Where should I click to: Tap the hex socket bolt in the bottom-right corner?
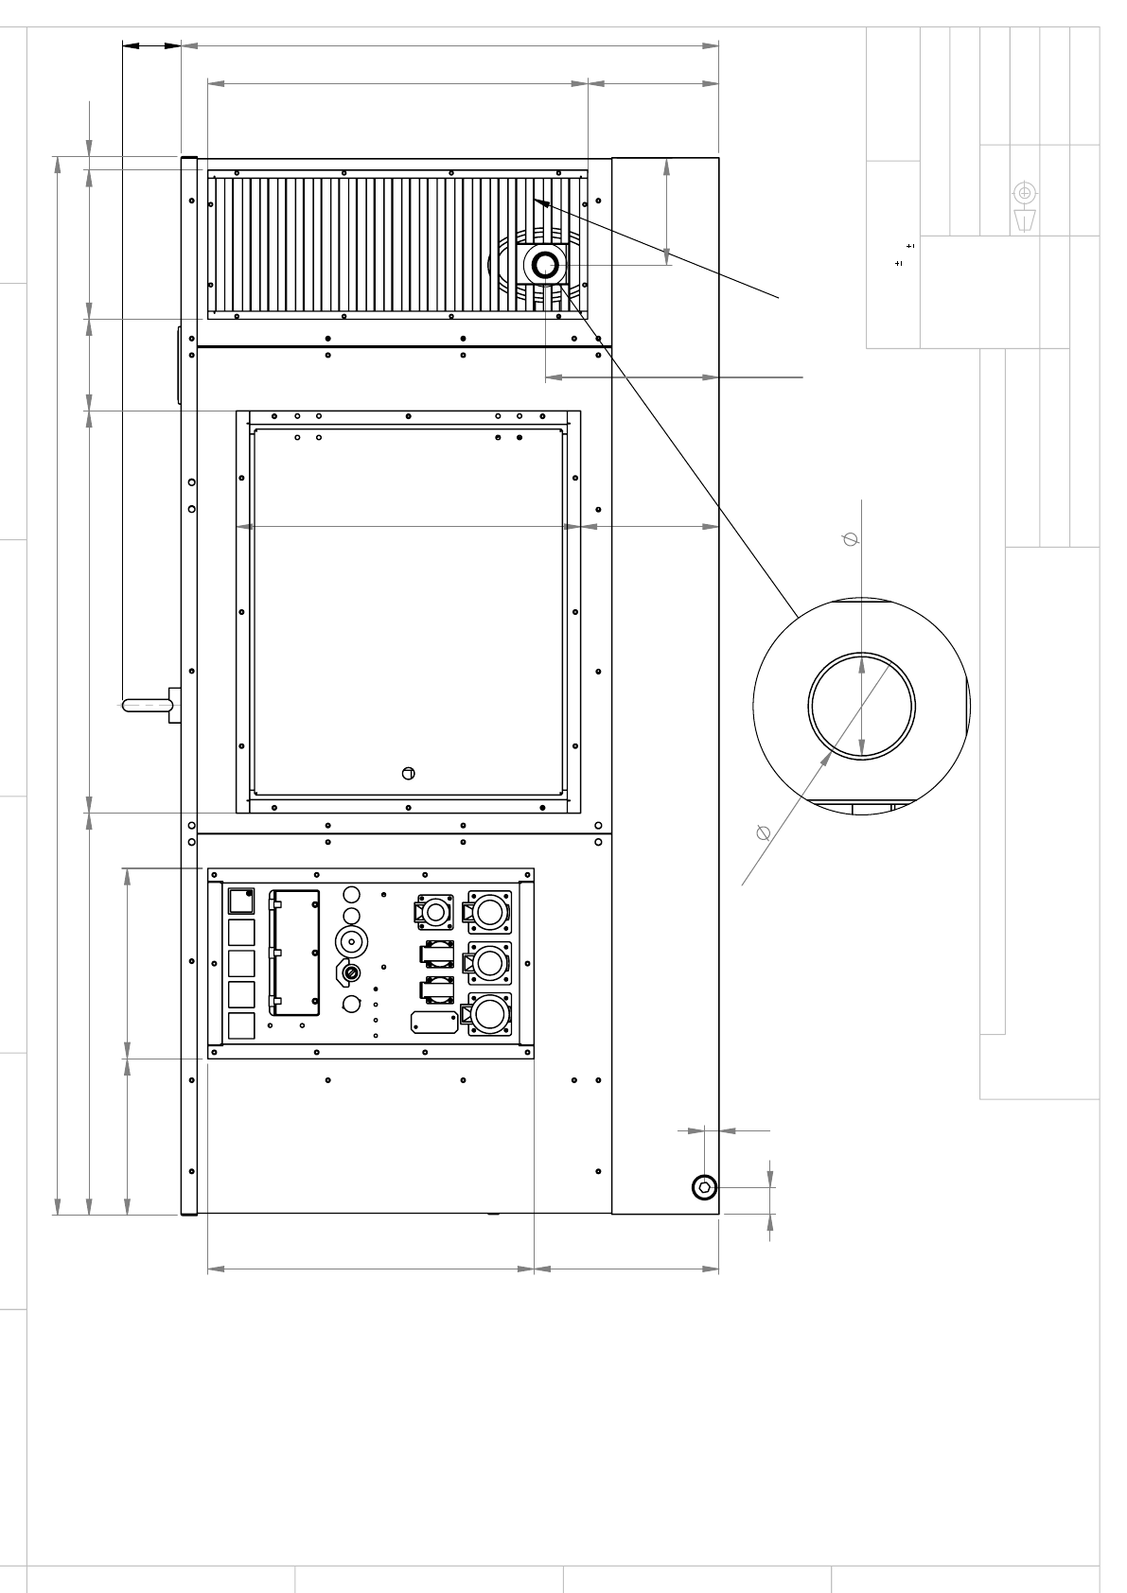coord(704,1187)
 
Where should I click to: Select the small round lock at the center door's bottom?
coord(409,774)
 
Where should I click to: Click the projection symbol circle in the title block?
coord(1024,193)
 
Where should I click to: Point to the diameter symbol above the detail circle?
coord(850,539)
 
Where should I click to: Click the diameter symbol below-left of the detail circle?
coord(764,832)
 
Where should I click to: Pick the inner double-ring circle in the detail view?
coord(861,705)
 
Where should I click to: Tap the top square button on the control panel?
coord(242,900)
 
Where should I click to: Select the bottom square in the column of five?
coord(242,1026)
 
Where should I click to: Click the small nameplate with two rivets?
coord(433,1021)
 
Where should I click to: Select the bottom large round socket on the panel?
coord(489,1016)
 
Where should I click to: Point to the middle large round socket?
coord(489,963)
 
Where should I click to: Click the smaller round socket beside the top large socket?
coord(434,912)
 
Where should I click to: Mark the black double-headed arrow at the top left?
coord(151,44)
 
